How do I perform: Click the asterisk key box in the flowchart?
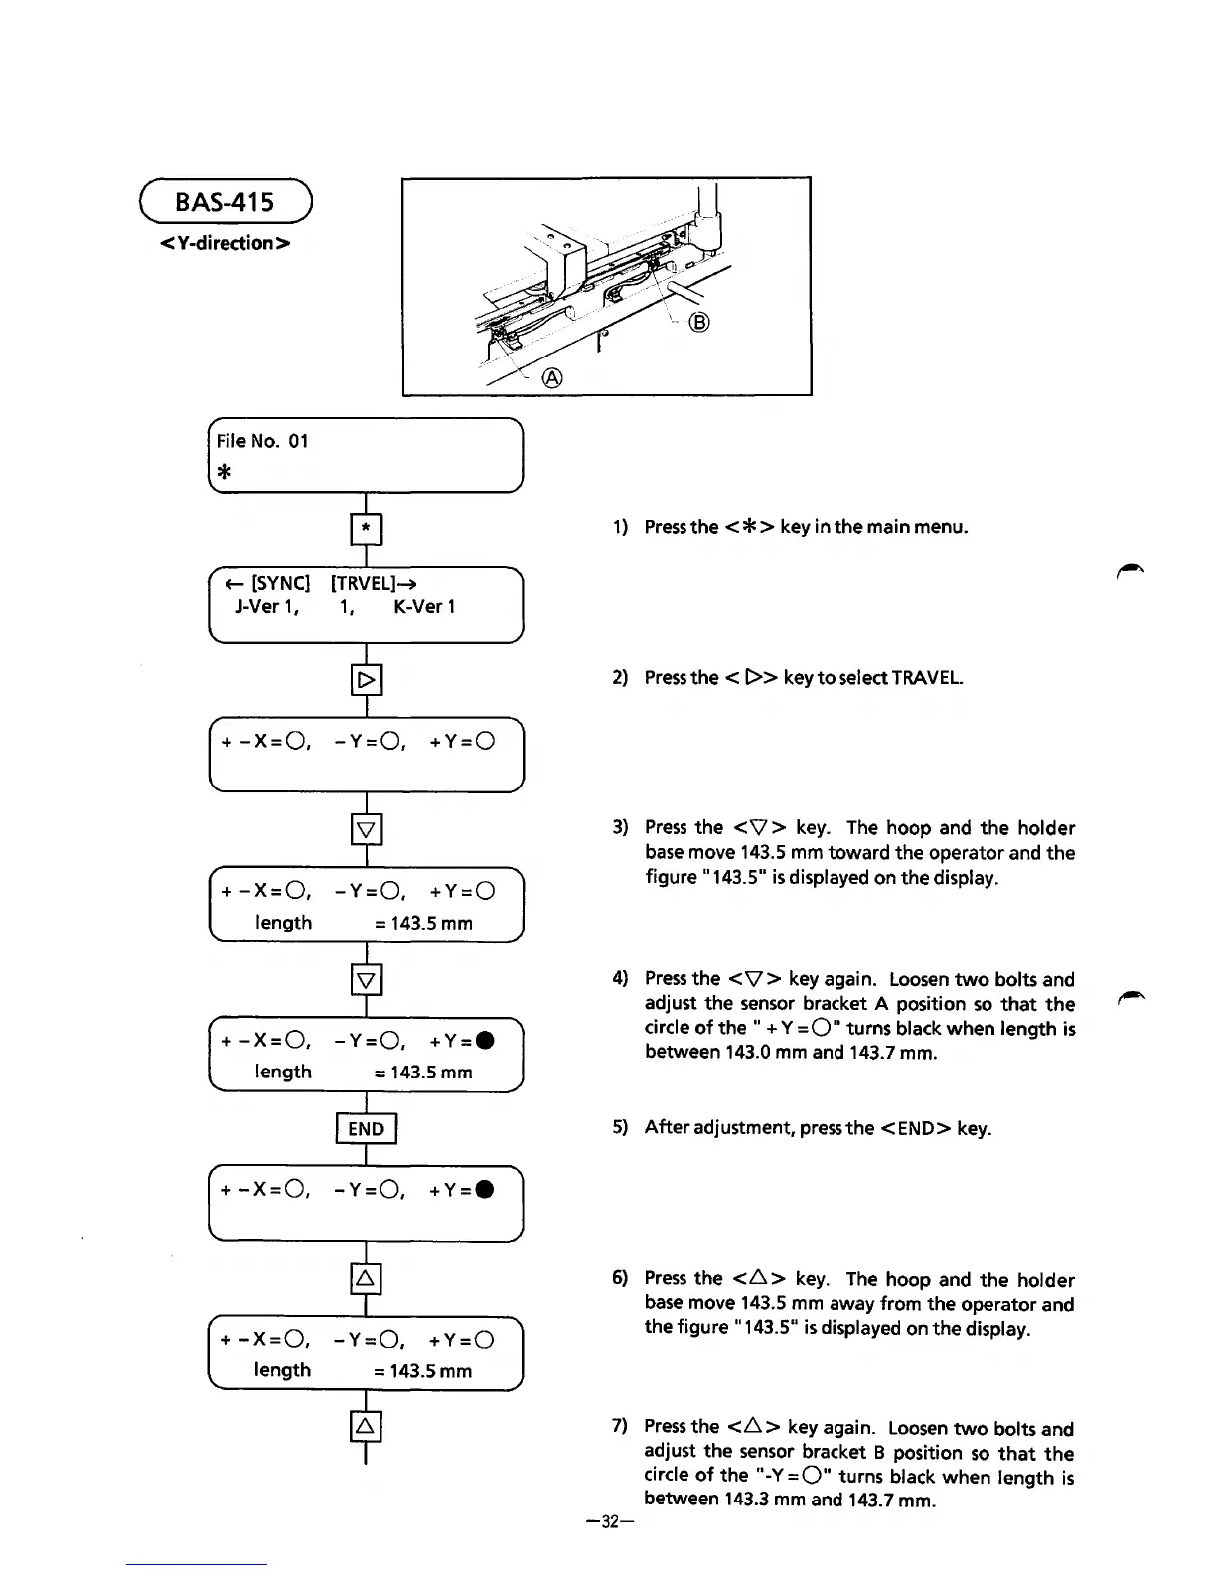click(x=367, y=529)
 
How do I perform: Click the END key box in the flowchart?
click(x=367, y=1128)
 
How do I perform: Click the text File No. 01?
click(x=262, y=441)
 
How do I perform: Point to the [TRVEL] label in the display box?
click(x=363, y=583)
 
